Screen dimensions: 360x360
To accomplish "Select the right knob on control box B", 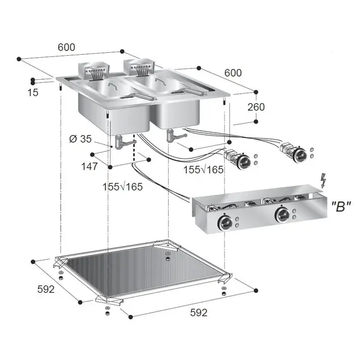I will click(x=281, y=216).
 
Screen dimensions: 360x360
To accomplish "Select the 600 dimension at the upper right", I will click(x=233, y=73).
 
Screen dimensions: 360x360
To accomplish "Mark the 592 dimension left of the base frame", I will click(x=45, y=289).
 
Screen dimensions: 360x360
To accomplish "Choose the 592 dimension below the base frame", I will click(x=198, y=312).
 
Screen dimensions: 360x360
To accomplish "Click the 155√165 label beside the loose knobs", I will click(x=203, y=170).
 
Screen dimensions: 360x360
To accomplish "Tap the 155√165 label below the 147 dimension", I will click(x=122, y=187).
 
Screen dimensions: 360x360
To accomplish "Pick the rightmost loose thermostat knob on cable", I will click(x=299, y=155).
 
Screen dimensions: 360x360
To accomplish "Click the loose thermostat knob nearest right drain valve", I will click(x=244, y=160).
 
